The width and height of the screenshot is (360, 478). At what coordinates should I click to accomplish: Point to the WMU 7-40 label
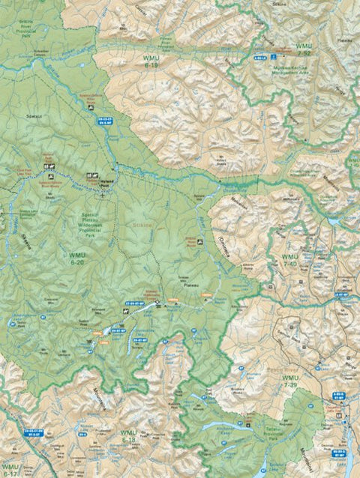tap(289, 261)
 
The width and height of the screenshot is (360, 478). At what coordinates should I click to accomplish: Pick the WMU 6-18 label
tap(128, 436)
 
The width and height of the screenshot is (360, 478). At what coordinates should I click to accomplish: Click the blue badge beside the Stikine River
tap(104, 120)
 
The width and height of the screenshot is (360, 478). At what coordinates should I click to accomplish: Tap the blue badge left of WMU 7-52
tap(260, 58)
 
